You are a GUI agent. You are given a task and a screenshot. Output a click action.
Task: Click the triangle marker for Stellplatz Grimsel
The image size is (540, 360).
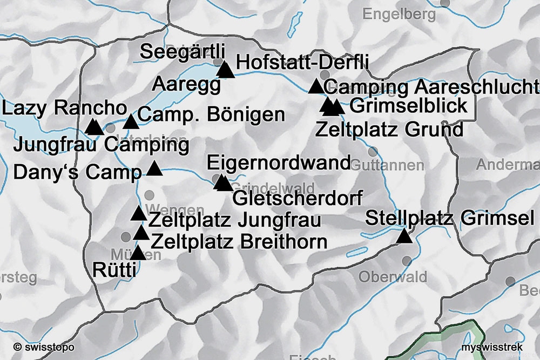pyautogui.click(x=403, y=236)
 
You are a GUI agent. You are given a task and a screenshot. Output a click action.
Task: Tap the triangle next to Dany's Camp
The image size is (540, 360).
pyautogui.click(x=154, y=169)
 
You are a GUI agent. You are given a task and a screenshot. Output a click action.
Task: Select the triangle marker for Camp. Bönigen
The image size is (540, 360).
pyautogui.click(x=131, y=122)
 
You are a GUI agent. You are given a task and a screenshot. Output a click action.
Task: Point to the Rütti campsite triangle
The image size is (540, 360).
pyautogui.click(x=138, y=253)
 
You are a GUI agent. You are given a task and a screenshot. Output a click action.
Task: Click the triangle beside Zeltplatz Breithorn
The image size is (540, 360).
pyautogui.click(x=141, y=233)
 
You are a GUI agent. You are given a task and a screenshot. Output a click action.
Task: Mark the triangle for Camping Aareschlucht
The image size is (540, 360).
pyautogui.click(x=316, y=86)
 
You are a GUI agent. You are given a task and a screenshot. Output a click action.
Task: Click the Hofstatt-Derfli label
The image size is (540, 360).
pyautogui.click(x=302, y=63)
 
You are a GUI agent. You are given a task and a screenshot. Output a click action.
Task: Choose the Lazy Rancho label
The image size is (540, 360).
pyautogui.click(x=64, y=108)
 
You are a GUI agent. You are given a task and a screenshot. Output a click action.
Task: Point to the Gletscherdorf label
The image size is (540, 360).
pyautogui.click(x=297, y=198)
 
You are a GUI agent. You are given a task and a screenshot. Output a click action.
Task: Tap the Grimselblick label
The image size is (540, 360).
pyautogui.click(x=408, y=106)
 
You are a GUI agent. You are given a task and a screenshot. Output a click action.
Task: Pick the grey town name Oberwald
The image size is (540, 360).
pyautogui.click(x=393, y=277)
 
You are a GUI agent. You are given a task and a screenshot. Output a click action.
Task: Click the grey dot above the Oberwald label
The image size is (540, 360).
pyautogui.click(x=407, y=261)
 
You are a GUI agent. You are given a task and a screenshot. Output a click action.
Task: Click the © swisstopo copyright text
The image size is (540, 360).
pyautogui.click(x=44, y=347)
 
